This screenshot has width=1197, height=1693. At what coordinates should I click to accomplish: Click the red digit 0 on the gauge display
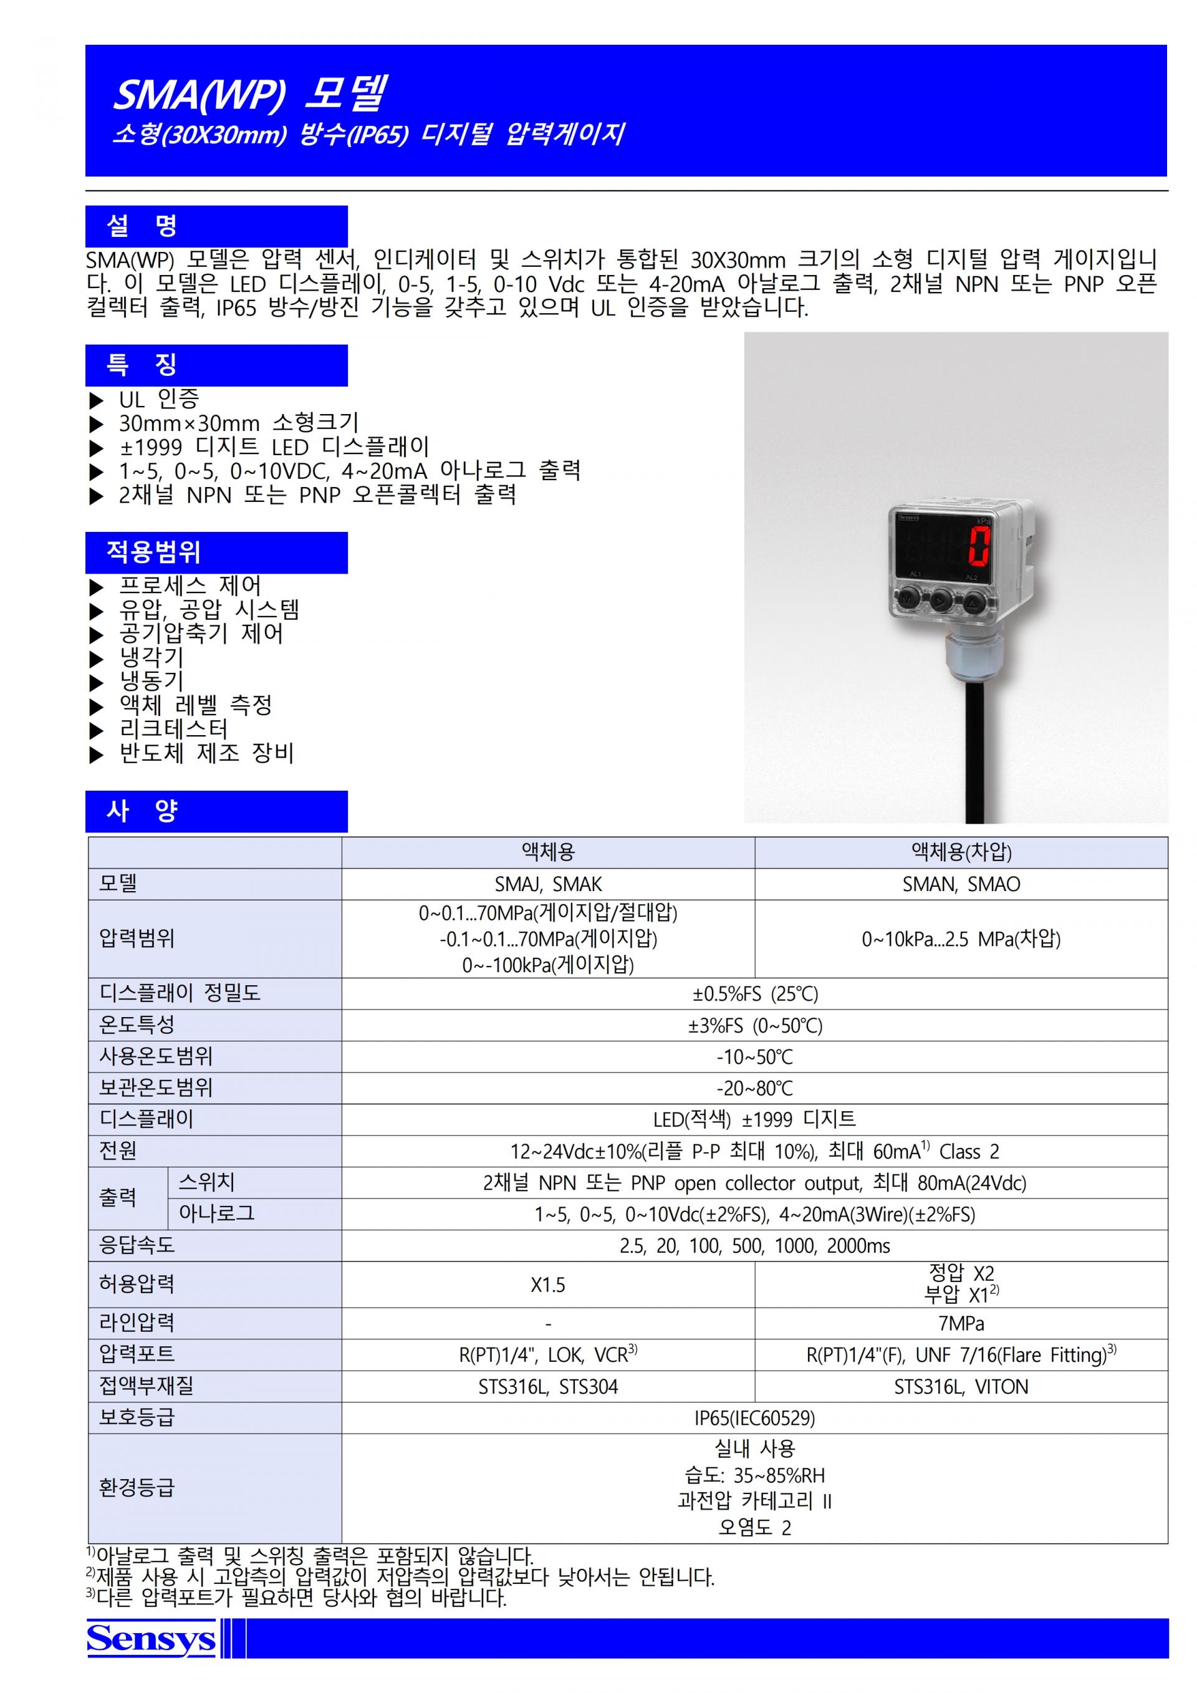(979, 546)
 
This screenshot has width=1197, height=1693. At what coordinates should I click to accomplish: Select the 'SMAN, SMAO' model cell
(961, 884)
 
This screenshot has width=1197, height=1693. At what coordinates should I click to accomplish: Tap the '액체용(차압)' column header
(961, 852)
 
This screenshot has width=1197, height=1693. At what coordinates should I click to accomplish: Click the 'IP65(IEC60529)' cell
(755, 1418)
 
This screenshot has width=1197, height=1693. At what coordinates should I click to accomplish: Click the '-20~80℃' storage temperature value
(755, 1088)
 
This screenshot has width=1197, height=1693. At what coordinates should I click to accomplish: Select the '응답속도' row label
(137, 1245)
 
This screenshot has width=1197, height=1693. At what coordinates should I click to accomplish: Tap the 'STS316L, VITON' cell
(961, 1387)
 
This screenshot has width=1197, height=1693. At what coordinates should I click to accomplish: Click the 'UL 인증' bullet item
(158, 400)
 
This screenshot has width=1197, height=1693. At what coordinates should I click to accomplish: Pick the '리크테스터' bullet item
(174, 729)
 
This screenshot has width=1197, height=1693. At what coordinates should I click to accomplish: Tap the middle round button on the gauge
(941, 601)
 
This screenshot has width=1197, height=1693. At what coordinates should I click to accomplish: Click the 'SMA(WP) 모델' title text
(251, 94)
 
